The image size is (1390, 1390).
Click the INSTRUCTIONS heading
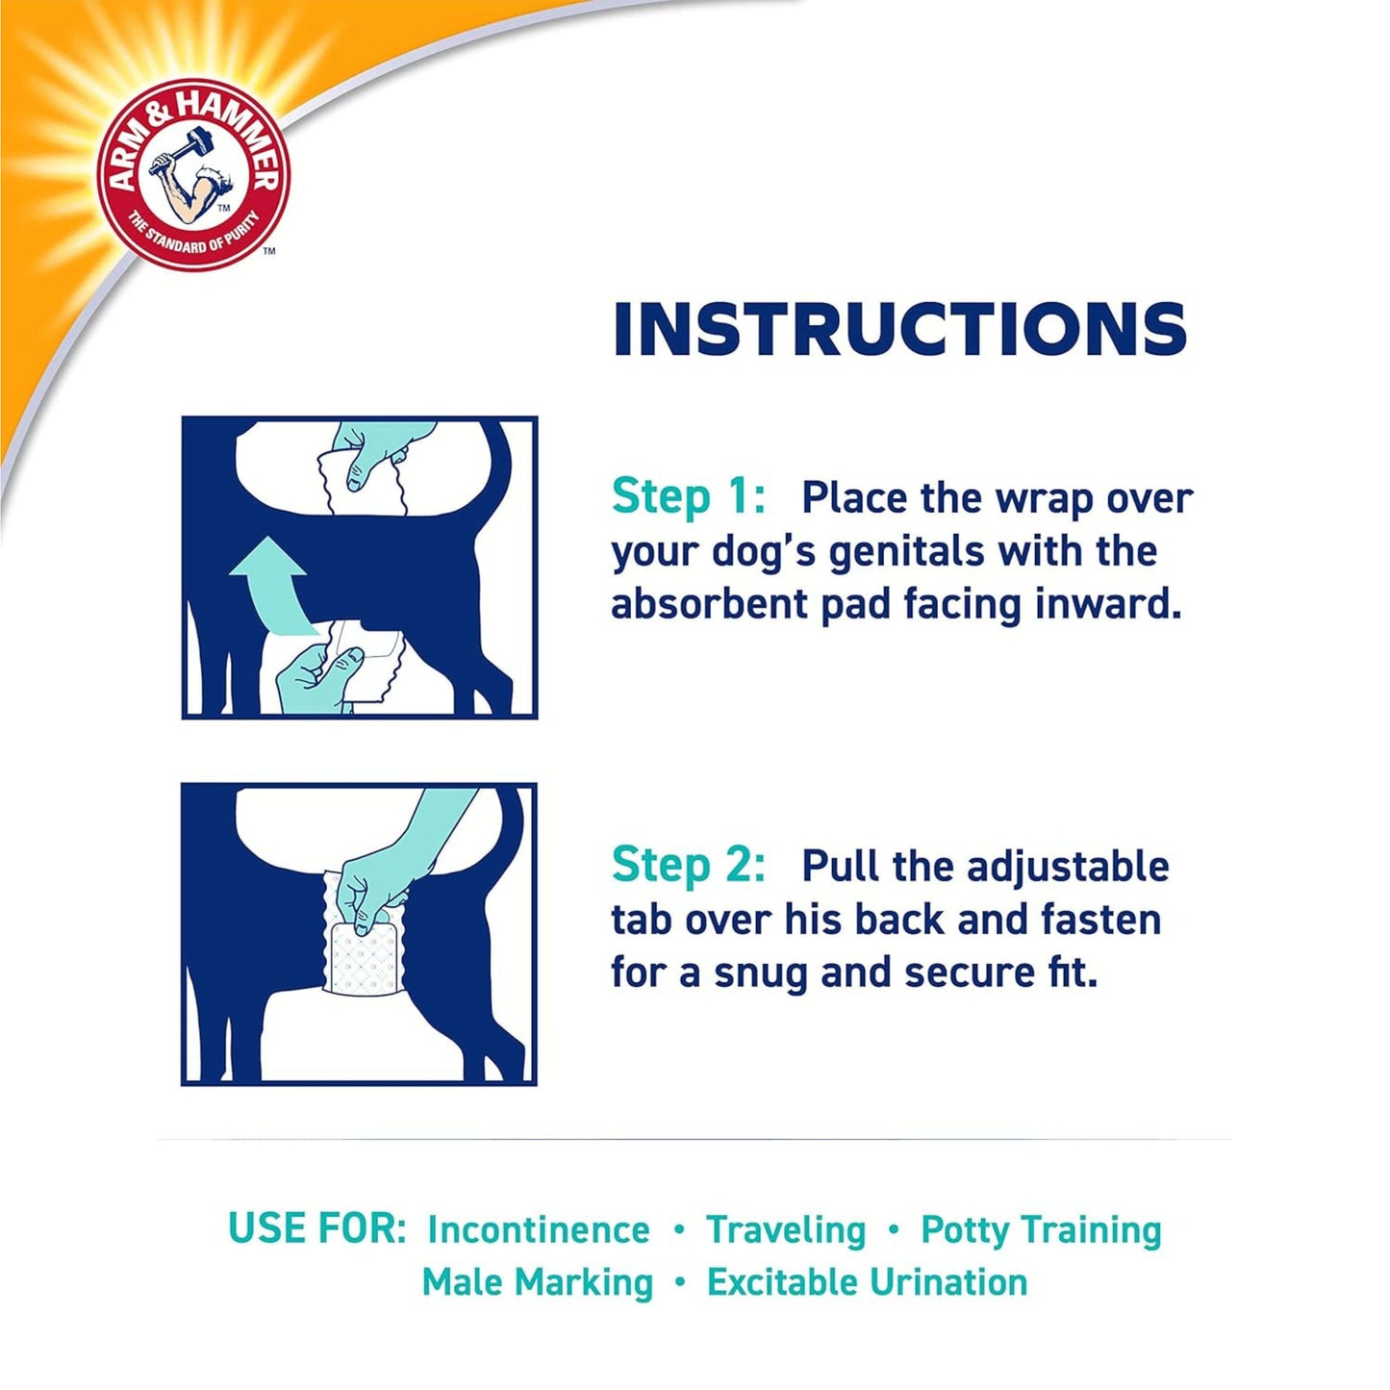(x=899, y=329)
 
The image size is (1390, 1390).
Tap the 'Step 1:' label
(x=688, y=497)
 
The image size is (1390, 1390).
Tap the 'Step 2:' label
(x=688, y=865)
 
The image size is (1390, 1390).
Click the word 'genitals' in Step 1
(x=907, y=552)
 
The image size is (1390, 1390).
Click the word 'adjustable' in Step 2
(x=1068, y=866)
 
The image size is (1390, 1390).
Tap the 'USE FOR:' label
(x=317, y=1229)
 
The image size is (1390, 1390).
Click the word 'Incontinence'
(x=539, y=1230)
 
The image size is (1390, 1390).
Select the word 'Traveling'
(x=786, y=1230)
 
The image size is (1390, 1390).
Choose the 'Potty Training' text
(x=1041, y=1230)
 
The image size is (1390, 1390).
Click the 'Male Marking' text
(x=537, y=1283)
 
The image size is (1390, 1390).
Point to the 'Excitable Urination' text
(x=867, y=1283)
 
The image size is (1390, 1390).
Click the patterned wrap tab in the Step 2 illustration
(x=360, y=958)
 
